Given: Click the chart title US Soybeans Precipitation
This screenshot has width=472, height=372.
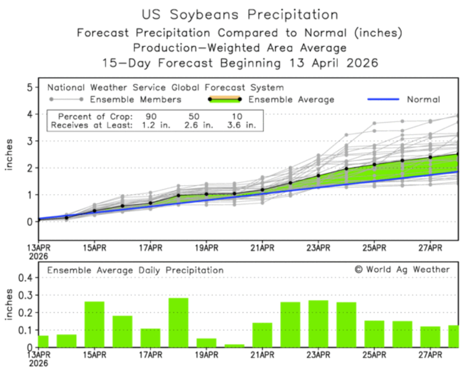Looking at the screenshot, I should [x=240, y=14].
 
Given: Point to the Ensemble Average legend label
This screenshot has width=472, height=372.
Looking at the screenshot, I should [x=292, y=100].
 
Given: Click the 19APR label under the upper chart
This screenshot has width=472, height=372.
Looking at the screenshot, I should [x=206, y=247].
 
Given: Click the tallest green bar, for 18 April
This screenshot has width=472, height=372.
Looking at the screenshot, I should [x=178, y=322].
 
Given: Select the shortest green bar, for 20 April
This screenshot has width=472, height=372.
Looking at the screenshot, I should [x=234, y=346].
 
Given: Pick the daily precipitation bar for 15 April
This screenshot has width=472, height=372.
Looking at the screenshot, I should [x=95, y=324].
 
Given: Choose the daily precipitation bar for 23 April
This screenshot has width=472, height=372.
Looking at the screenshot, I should [x=318, y=324].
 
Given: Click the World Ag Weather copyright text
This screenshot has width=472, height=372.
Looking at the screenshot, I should [x=402, y=270].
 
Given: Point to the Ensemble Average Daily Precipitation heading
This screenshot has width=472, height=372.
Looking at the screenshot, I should [x=135, y=270].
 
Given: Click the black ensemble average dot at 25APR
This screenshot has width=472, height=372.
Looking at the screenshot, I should [x=374, y=165].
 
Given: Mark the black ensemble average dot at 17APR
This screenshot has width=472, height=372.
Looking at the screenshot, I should [x=151, y=203].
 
